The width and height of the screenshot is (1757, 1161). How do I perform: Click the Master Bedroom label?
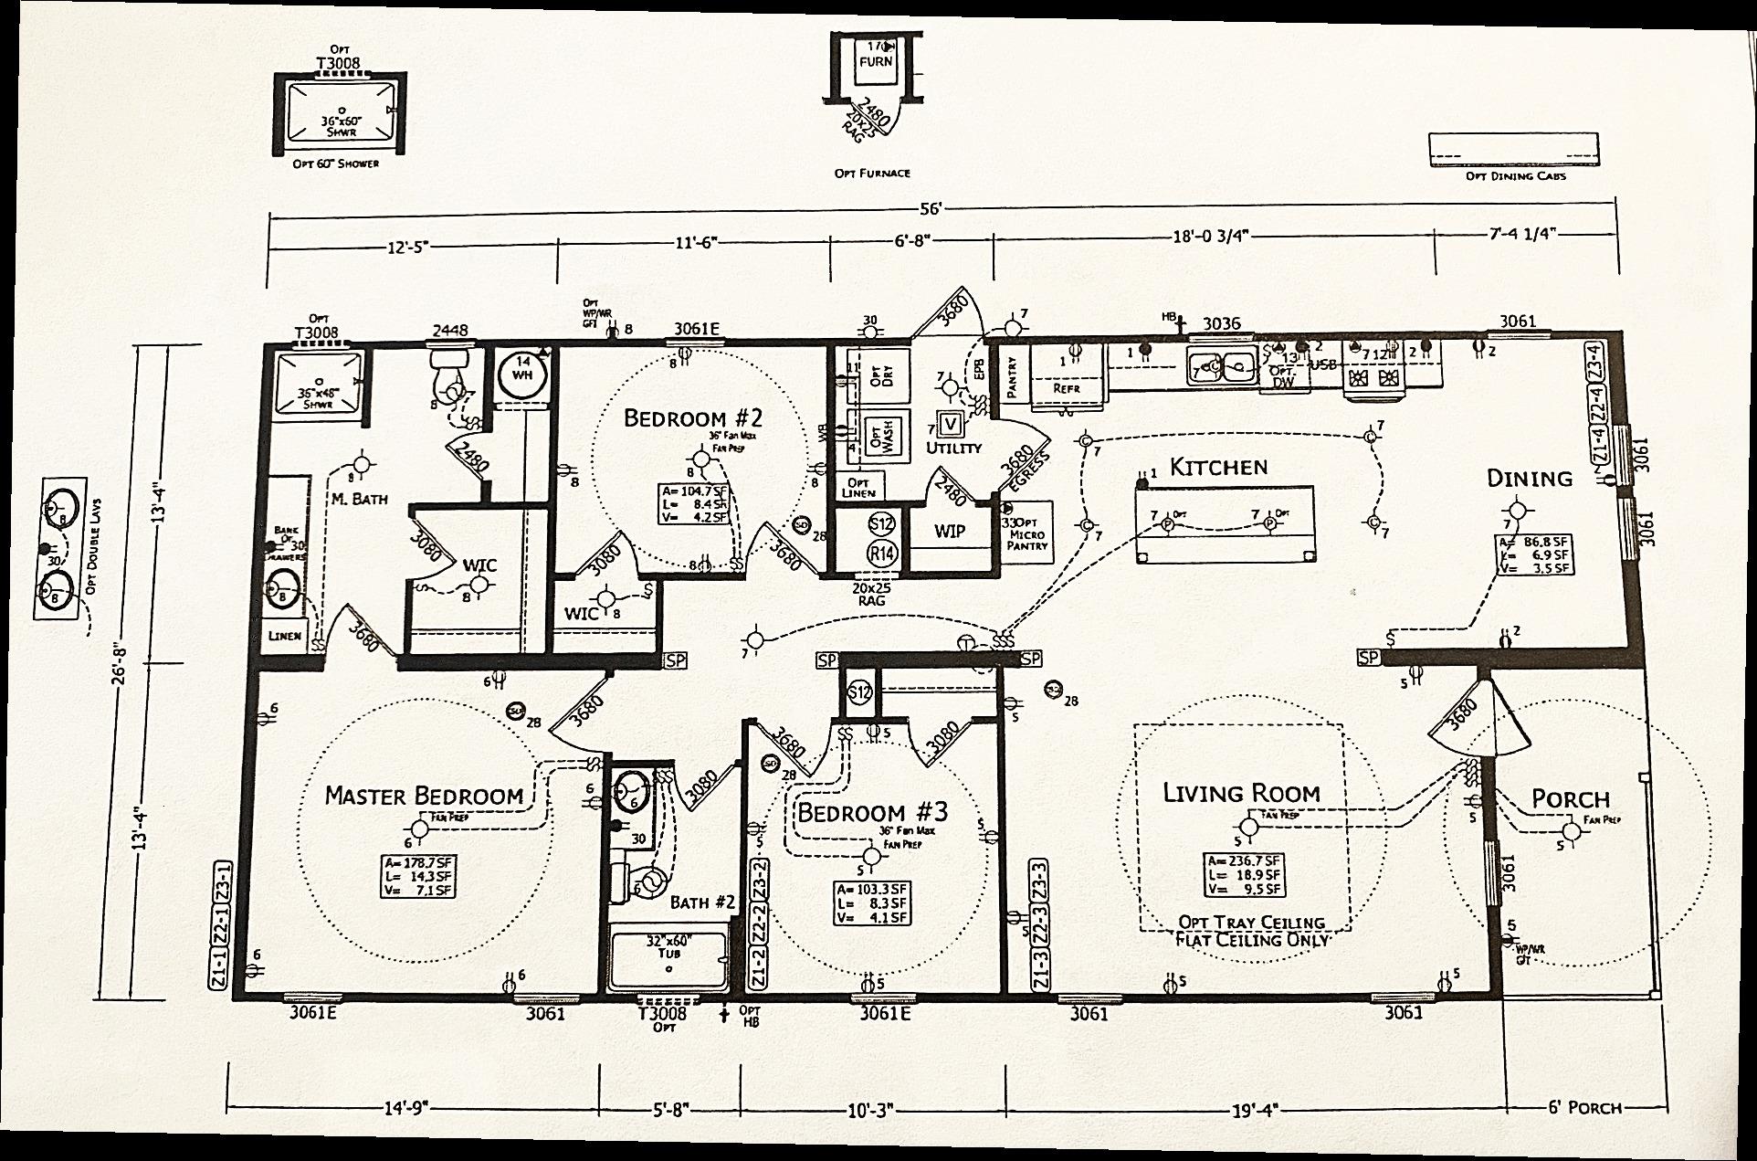point(424,796)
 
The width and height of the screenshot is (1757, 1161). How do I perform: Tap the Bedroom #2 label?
point(692,417)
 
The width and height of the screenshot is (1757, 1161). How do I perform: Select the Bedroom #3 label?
point(873,812)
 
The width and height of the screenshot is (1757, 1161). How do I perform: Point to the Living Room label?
point(1241,792)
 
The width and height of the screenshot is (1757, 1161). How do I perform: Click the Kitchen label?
point(1218,468)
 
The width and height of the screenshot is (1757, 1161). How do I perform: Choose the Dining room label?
point(1530,478)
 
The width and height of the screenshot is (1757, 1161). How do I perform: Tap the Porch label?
point(1570,798)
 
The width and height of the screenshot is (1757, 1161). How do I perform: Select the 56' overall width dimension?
point(930,209)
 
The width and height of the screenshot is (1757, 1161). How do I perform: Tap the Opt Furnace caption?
point(872,173)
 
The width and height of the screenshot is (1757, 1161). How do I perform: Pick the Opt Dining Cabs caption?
point(1516,175)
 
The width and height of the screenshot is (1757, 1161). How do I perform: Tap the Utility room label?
point(953,448)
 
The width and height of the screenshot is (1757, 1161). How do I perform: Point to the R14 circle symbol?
point(881,553)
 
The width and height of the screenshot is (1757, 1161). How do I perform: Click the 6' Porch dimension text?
point(1584,1108)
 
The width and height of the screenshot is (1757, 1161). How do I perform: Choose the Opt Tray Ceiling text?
point(1251,923)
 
